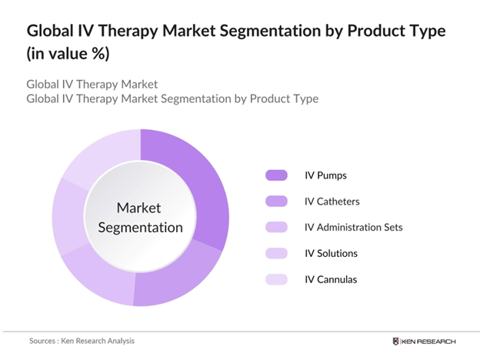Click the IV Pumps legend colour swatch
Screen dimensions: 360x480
(x=275, y=175)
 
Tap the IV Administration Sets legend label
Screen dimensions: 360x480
(x=353, y=227)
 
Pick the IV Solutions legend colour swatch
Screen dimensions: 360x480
(x=275, y=253)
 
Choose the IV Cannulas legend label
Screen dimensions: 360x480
(x=331, y=279)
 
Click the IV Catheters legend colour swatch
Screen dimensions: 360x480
(x=275, y=202)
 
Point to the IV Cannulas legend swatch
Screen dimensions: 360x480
(x=275, y=279)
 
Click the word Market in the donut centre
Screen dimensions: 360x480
(x=139, y=208)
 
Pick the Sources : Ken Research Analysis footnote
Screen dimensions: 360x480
(x=76, y=340)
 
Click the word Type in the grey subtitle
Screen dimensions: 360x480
(x=304, y=98)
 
